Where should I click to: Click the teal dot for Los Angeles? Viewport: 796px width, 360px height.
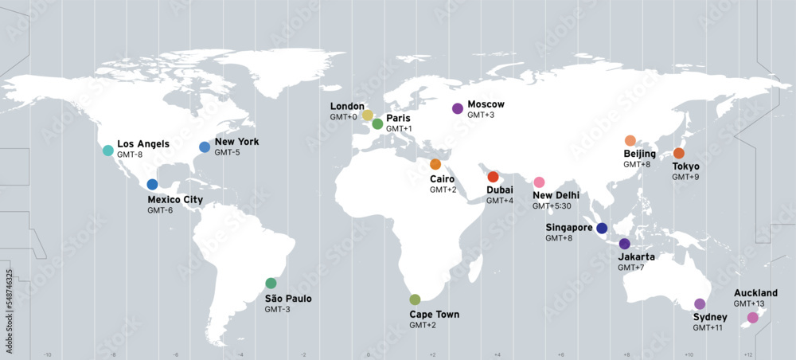[107, 150]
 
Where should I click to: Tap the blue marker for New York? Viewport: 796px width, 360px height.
[205, 147]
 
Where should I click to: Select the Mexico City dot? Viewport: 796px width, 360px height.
[152, 184]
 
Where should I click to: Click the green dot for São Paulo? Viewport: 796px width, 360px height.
[271, 283]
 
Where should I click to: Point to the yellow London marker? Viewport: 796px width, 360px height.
[367, 115]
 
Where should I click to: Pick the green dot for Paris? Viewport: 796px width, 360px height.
[377, 123]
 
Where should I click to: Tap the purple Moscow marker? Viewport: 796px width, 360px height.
[457, 108]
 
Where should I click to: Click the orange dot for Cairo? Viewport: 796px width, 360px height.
[435, 164]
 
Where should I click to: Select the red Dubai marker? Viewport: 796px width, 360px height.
[493, 176]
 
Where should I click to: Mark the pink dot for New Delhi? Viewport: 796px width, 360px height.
[539, 182]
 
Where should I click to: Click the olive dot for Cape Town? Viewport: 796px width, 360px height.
[415, 299]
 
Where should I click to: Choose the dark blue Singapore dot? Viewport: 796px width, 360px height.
[602, 228]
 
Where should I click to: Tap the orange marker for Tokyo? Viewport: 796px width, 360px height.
[678, 153]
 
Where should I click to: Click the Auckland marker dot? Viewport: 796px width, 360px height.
[753, 317]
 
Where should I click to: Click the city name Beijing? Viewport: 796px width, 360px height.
[639, 154]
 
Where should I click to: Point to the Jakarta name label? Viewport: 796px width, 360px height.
[636, 257]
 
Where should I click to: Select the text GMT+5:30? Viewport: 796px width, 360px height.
[552, 206]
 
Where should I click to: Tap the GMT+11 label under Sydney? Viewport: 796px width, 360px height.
[707, 328]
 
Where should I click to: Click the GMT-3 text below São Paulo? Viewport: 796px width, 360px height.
[278, 309]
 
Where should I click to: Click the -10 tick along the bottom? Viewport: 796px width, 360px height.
[47, 354]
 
